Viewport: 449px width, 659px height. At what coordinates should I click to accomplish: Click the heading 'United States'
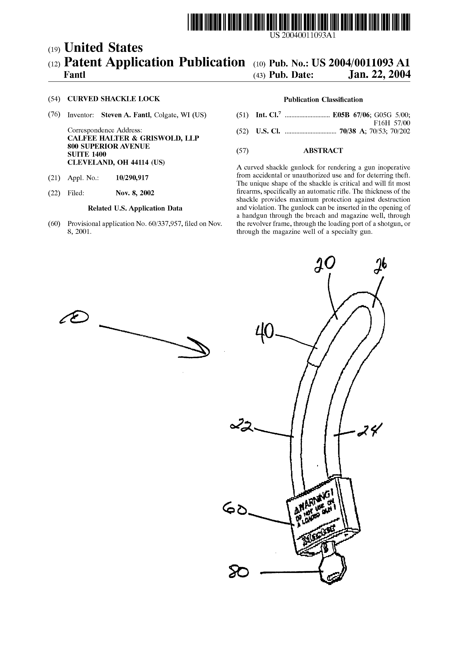[103, 48]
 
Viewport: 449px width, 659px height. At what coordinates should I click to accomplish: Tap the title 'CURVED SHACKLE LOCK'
[114, 99]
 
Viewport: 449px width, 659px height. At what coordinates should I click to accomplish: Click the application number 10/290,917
[132, 178]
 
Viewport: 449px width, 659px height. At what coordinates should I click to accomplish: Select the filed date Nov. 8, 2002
[135, 193]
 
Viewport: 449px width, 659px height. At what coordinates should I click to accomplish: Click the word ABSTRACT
[323, 151]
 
